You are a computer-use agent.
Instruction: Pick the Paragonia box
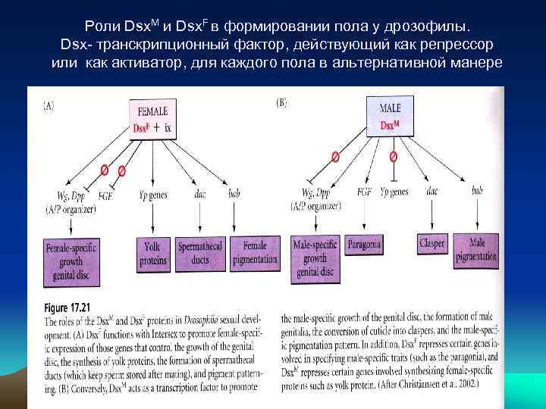[x=365, y=244]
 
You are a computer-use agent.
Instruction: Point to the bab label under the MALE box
[x=477, y=190]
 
